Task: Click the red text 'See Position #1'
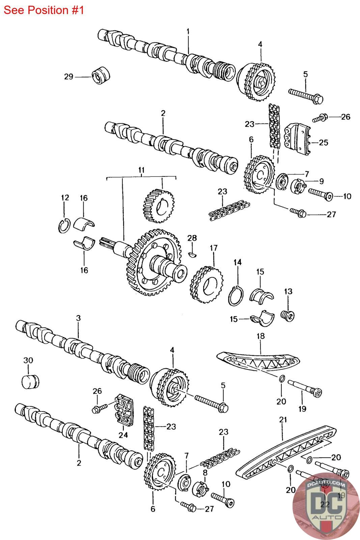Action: (44, 10)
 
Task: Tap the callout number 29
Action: (68, 77)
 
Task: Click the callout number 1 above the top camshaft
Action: (188, 31)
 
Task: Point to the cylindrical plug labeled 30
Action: (30, 381)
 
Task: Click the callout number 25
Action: (323, 142)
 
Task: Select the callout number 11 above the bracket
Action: (141, 170)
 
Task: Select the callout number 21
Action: (283, 420)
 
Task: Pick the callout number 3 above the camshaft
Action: (78, 318)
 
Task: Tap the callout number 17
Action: (214, 248)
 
